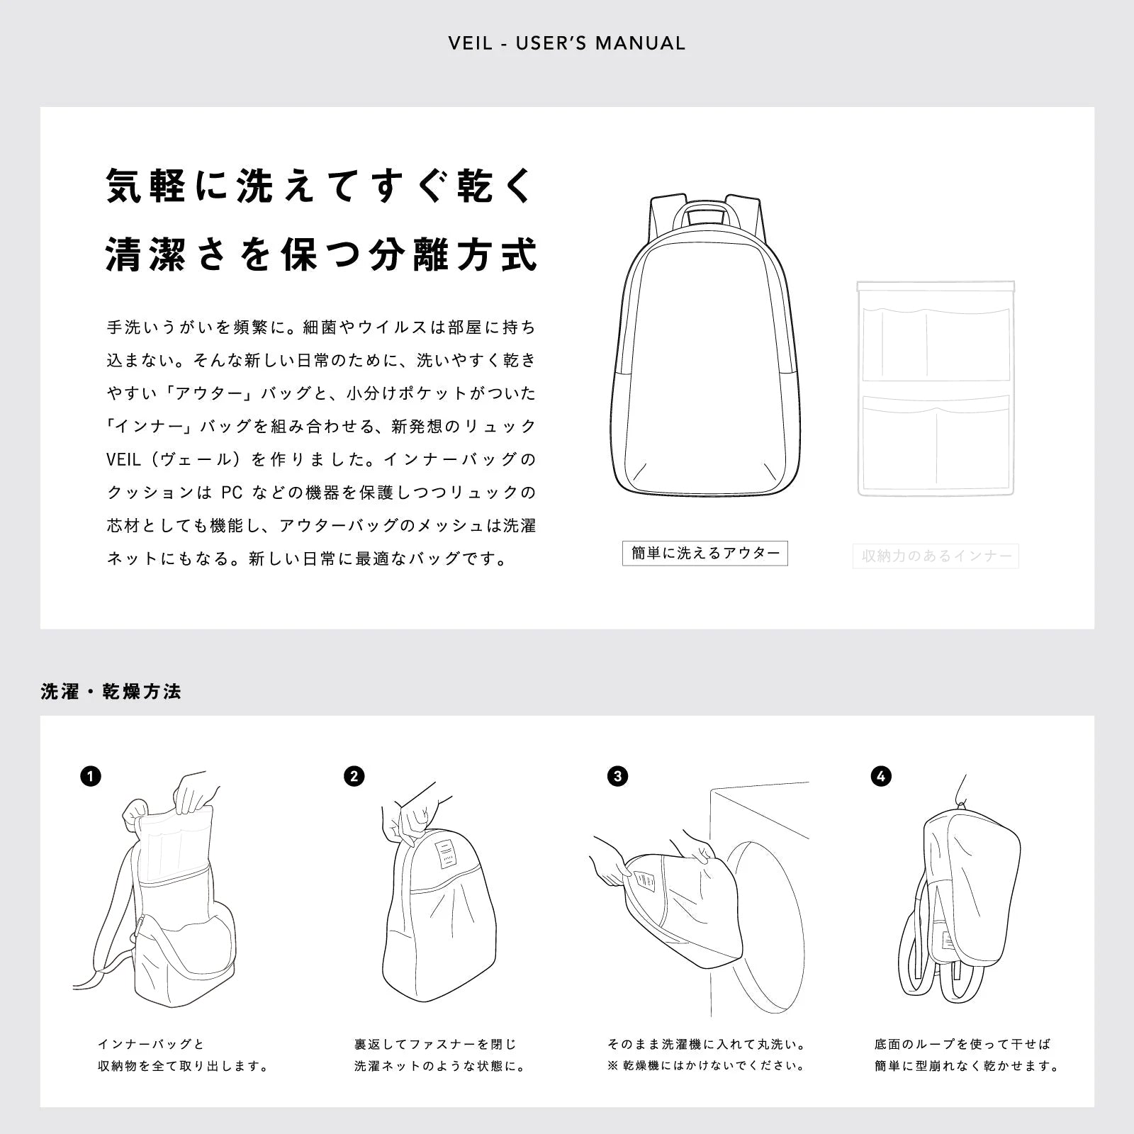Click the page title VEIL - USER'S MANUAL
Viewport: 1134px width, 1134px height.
point(567,43)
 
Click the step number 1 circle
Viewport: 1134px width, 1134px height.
point(91,776)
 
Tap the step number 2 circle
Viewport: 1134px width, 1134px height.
point(354,776)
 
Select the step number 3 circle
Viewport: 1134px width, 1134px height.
point(617,776)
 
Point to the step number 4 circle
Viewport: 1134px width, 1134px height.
point(880,776)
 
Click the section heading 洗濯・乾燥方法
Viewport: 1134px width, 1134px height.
point(111,692)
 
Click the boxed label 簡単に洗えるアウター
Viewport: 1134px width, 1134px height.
point(705,554)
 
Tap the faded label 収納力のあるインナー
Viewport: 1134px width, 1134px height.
point(936,556)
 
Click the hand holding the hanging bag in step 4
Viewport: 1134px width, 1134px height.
point(962,790)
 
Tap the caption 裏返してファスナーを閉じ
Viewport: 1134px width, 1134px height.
point(435,1044)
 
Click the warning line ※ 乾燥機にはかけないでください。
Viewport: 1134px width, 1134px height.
point(706,1066)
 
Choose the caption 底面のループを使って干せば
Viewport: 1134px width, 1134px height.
point(962,1044)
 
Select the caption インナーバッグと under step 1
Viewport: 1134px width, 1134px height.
point(151,1044)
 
